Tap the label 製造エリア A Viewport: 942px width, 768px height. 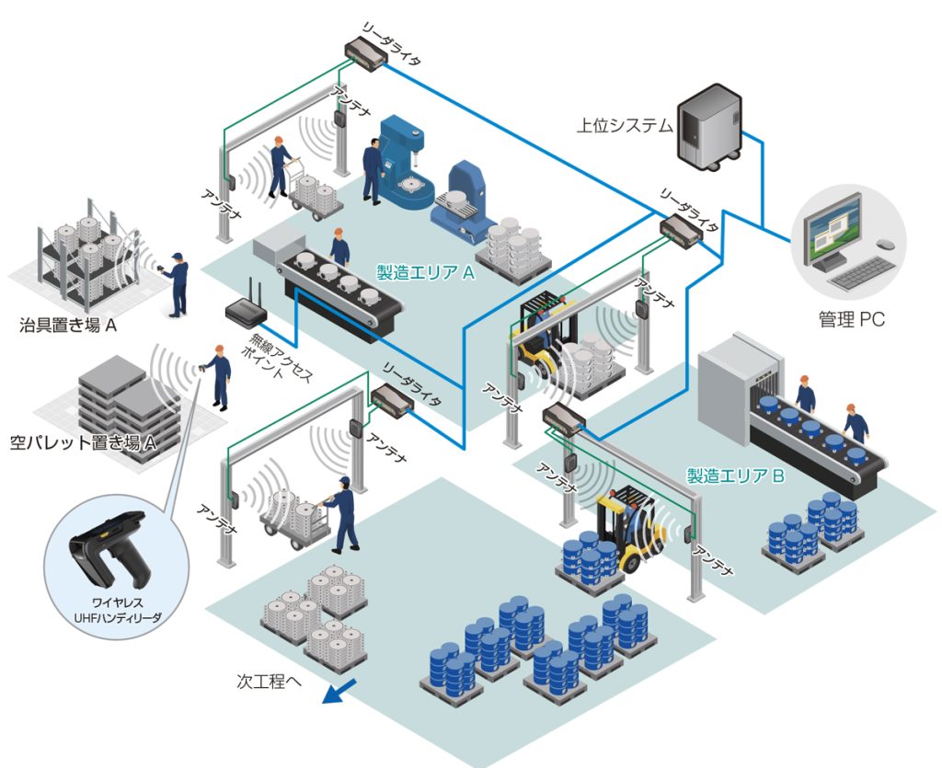pos(425,273)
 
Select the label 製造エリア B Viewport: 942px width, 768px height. pos(736,476)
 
